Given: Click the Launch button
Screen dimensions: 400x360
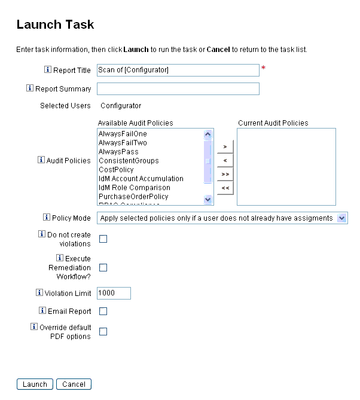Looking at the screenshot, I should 35,384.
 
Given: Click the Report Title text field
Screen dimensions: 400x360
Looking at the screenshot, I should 178,70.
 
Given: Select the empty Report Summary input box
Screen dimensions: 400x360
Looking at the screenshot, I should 178,89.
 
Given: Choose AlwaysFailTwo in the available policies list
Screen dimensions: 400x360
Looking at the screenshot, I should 123,143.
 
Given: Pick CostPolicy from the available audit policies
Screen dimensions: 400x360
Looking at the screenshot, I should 116,170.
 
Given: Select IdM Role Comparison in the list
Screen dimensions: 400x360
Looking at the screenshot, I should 134,188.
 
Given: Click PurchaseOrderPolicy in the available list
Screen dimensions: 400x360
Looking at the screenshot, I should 133,197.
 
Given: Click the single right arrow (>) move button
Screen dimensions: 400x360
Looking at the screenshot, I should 225,146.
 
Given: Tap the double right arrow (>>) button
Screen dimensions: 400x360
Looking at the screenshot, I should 225,174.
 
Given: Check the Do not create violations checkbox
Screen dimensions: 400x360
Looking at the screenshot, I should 103,239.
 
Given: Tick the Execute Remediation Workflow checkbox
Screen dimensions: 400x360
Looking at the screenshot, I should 103,268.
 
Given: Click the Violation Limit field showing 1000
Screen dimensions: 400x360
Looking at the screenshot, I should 113,294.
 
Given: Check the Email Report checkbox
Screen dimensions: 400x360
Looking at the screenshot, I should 103,312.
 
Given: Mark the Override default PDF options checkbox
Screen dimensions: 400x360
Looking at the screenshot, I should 103,332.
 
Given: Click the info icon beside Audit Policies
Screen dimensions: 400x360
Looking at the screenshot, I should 41,160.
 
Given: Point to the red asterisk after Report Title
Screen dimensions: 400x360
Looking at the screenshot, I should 263,69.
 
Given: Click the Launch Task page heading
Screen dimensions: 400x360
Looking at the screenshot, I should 55,25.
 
